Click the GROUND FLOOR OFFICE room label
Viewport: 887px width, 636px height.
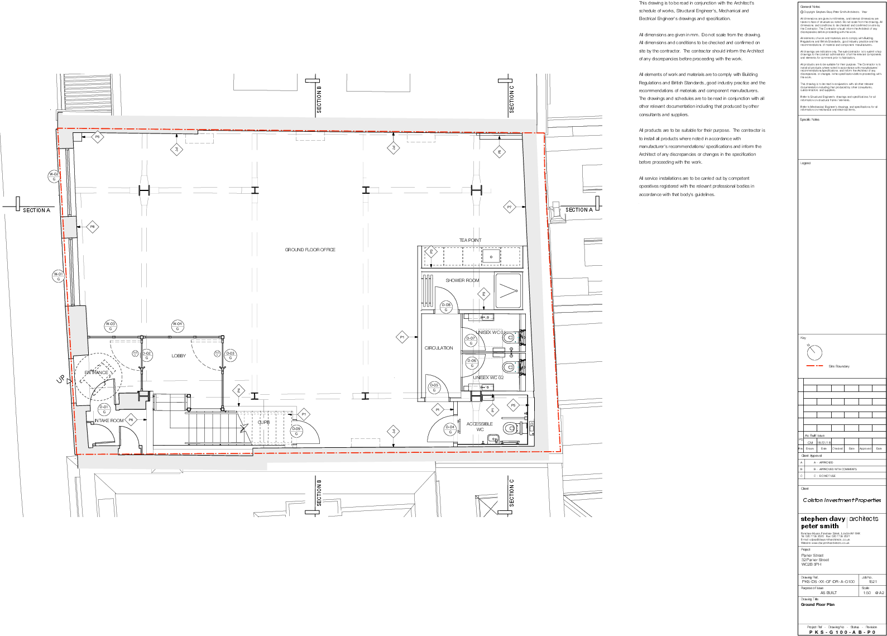pos(310,250)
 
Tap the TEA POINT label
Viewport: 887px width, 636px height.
pos(470,240)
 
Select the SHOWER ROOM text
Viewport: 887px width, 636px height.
pos(462,280)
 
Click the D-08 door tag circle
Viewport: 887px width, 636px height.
pos(446,307)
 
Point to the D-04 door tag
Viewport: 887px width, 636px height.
pos(450,429)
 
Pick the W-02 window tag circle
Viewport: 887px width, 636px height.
pos(54,176)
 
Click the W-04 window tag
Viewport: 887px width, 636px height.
pos(178,326)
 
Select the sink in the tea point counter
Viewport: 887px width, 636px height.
pos(491,257)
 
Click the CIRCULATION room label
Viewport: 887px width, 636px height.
pos(439,348)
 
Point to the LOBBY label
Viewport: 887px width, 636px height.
pos(179,356)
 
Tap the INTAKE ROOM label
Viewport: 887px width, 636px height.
pos(109,420)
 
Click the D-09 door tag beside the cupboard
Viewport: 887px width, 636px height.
pos(296,431)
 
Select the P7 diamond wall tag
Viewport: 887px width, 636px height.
pos(509,207)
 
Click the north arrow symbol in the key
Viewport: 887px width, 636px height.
pos(814,352)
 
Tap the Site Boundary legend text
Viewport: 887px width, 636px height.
pos(839,366)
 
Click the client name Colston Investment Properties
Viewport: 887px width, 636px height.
pos(842,500)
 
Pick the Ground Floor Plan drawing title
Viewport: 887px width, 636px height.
pos(817,605)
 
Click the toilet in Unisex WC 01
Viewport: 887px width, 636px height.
pos(509,337)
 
